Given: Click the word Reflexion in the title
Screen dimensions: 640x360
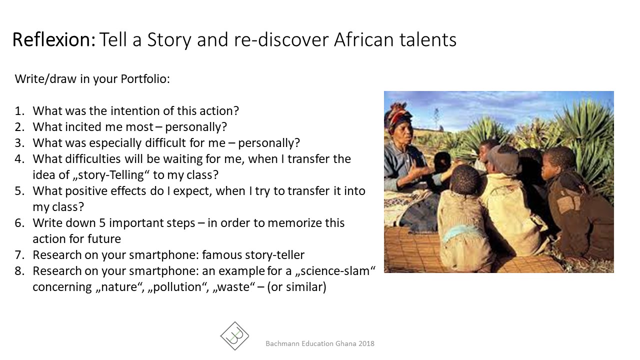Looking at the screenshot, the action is click(x=53, y=39).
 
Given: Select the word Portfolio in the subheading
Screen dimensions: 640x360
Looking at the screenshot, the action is click(x=145, y=79).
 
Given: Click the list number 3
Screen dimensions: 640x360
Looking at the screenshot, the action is click(x=19, y=143).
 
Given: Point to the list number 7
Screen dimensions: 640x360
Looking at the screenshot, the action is click(x=19, y=255).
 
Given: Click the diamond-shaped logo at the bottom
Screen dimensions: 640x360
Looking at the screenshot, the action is click(x=234, y=336).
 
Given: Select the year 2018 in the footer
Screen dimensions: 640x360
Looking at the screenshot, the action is click(x=366, y=343).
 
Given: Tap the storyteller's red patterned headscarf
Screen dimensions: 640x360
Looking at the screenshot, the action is click(x=397, y=115).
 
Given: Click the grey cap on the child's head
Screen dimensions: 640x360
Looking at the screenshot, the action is click(x=503, y=159).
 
